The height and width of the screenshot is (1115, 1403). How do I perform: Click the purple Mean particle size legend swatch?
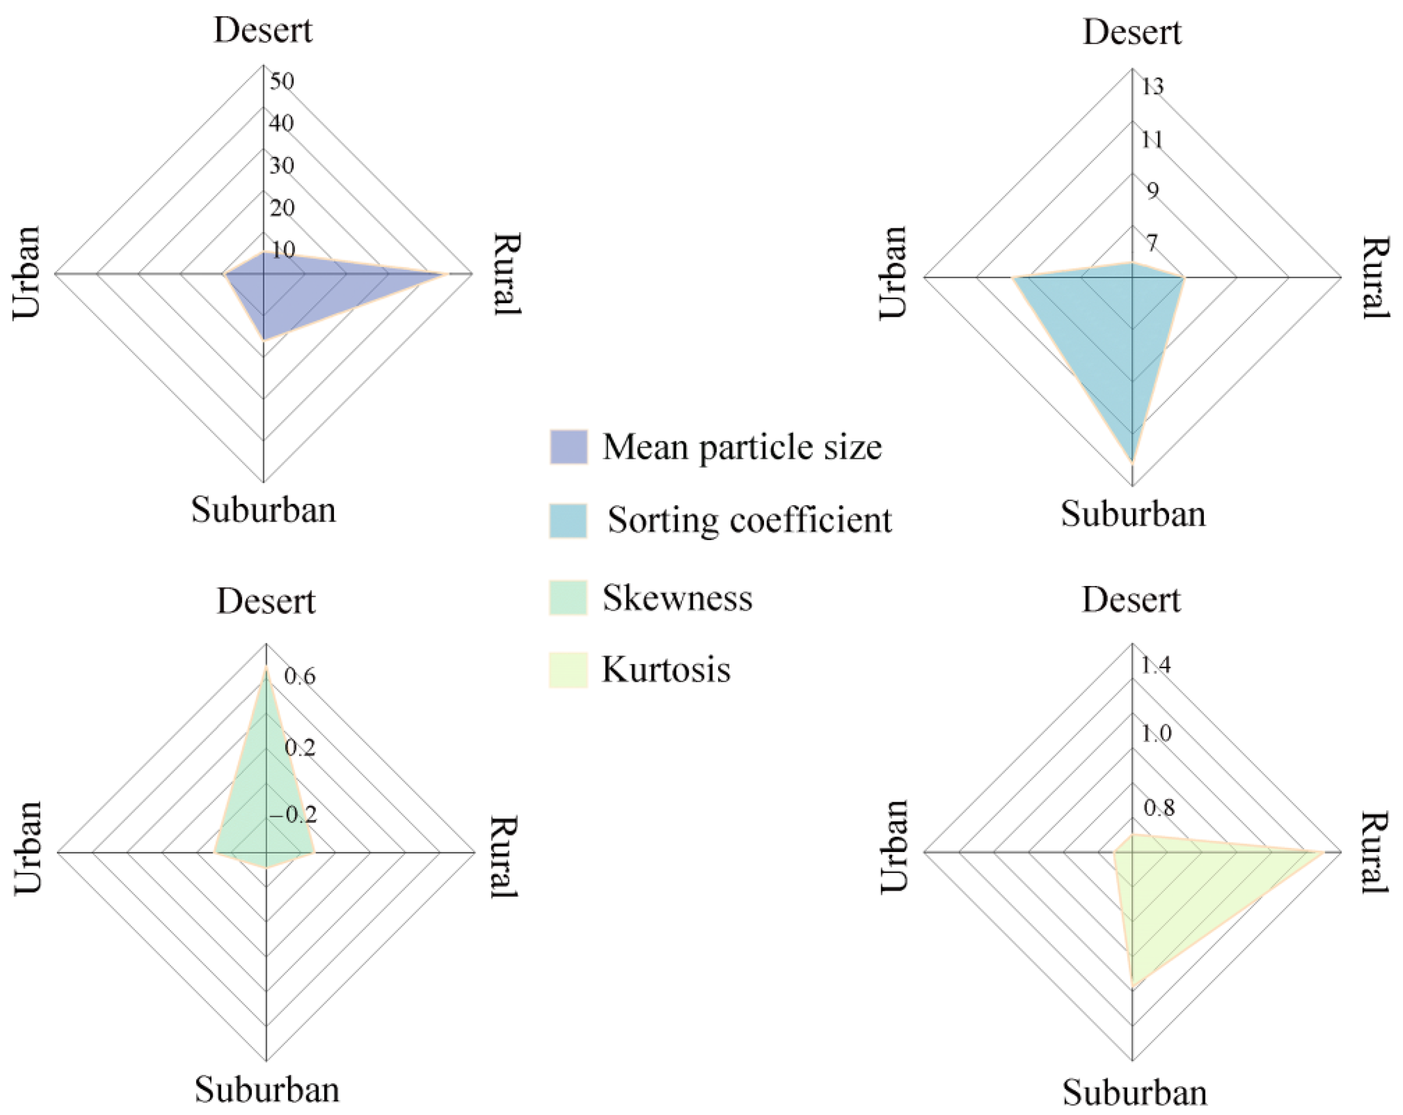(568, 446)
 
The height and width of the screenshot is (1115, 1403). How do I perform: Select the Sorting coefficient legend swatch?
(568, 520)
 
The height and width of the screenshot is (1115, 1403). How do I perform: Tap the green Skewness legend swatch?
(568, 597)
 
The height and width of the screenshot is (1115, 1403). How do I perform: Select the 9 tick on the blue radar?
(1153, 191)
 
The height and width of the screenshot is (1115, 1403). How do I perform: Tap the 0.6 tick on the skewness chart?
(300, 677)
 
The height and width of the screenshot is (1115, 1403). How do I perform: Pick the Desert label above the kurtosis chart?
(1131, 599)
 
